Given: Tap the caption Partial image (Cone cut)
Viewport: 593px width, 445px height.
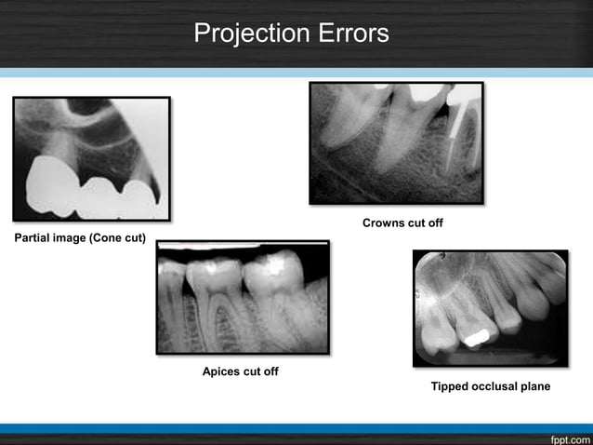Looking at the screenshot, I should point(80,238).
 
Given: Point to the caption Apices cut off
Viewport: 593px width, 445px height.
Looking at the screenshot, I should point(241,371).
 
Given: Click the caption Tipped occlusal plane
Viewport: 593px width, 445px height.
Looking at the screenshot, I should point(490,386).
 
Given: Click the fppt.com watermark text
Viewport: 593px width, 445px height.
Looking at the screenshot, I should point(567,436).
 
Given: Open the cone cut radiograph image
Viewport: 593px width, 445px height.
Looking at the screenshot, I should point(91,158).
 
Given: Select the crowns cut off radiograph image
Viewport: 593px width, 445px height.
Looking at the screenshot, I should point(396,142).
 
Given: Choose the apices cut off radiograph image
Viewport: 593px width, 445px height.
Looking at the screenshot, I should point(243,298).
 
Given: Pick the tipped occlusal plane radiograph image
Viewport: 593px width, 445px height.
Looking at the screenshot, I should point(490,308).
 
